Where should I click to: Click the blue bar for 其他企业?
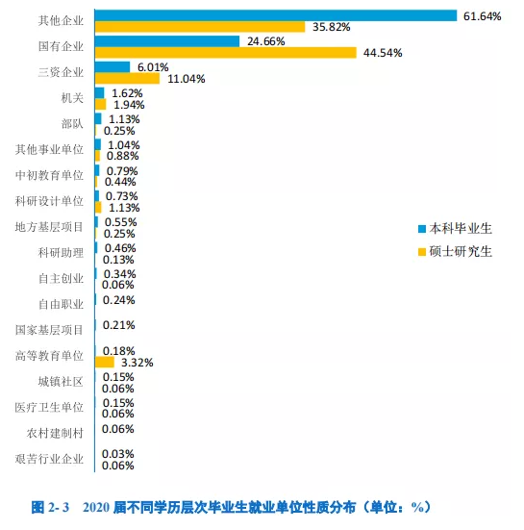(276, 15)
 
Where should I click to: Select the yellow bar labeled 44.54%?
(226, 53)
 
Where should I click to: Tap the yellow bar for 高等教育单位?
(105, 362)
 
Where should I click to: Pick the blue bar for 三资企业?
(112, 67)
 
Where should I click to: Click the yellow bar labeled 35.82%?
(200, 27)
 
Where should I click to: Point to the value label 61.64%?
(482, 16)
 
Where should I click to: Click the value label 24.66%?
(266, 41)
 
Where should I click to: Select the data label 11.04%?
(187, 79)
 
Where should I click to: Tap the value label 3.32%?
(137, 363)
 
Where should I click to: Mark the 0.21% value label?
(119, 325)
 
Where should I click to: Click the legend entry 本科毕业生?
(455, 229)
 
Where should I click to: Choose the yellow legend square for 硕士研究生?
(422, 252)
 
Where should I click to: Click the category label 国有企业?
(61, 46)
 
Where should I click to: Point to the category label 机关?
(72, 98)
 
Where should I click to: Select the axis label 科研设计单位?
(49, 201)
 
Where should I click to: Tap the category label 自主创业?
(61, 279)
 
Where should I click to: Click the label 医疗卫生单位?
(49, 407)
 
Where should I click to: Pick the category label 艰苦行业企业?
(49, 459)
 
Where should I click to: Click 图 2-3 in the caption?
(50, 507)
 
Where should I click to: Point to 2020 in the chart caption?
(96, 507)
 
